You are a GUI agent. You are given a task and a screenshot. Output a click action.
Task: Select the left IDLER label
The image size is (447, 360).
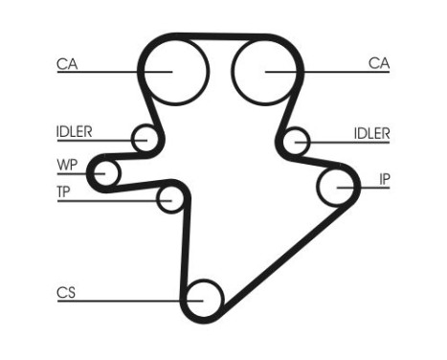74,132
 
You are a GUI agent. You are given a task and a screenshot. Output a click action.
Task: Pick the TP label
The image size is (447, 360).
63,191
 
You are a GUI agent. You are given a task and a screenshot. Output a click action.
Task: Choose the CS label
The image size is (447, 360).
66,293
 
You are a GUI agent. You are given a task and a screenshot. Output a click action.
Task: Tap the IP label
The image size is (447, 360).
384,178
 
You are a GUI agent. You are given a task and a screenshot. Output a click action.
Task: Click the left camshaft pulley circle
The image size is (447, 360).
174,70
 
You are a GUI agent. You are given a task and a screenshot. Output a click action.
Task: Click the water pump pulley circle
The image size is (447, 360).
104,172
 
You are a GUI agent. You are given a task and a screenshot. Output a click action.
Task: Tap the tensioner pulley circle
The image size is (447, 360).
171,199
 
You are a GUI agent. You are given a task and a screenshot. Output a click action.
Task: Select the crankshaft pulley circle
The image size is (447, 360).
204,299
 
